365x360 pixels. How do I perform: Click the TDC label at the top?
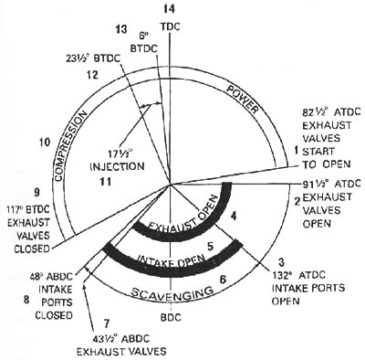pyautogui.click(x=170, y=26)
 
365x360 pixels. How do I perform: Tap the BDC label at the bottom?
pyautogui.click(x=171, y=317)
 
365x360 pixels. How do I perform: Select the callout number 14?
pyautogui.click(x=168, y=9)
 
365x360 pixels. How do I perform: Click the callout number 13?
pyautogui.click(x=120, y=29)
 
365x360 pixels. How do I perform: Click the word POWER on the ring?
pyautogui.click(x=244, y=100)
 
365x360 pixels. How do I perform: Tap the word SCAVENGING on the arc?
pyautogui.click(x=172, y=292)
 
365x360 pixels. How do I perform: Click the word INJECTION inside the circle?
pyautogui.click(x=118, y=166)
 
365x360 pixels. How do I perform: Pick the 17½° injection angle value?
pyautogui.click(x=120, y=153)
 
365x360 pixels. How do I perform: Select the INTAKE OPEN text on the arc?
pyautogui.click(x=172, y=260)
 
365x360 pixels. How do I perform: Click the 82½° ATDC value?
pyautogui.click(x=331, y=112)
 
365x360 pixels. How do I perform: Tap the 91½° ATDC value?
pyautogui.click(x=331, y=184)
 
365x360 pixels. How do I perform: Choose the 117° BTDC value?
pyautogui.click(x=28, y=210)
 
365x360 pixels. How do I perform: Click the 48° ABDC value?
pyautogui.click(x=51, y=277)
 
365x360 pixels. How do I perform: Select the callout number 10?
pyautogui.click(x=45, y=142)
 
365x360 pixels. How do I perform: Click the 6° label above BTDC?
pyautogui.click(x=143, y=37)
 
